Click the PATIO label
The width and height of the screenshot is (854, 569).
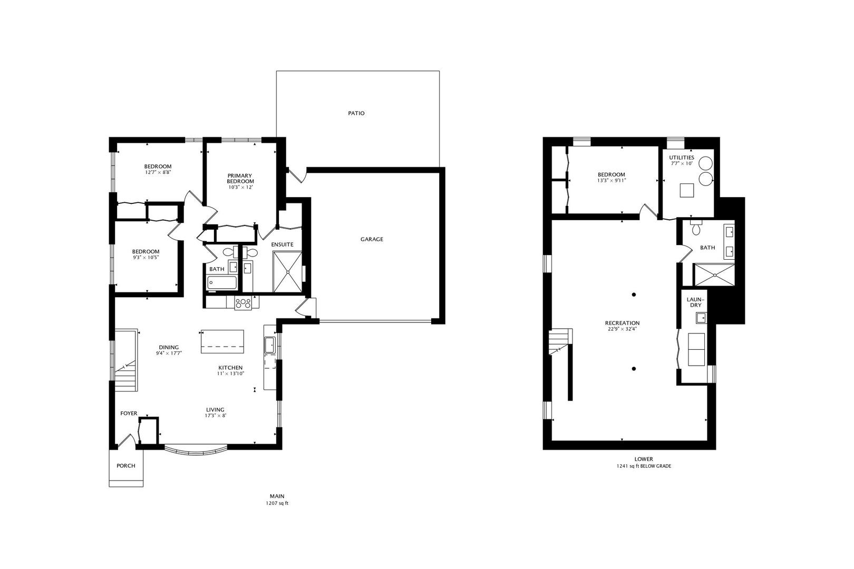point(356,113)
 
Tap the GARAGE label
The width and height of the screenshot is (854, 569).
point(372,239)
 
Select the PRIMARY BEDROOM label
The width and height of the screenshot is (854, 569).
point(240,178)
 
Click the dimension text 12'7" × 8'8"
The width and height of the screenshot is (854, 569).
point(158,172)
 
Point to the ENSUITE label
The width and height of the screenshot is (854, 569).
point(282,244)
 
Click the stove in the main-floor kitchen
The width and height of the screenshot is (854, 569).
point(243,303)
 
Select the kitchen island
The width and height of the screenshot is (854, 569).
point(222,342)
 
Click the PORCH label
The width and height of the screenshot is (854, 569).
point(125,466)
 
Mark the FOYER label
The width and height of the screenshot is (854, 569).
point(129,414)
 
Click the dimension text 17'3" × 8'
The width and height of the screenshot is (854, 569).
point(215,416)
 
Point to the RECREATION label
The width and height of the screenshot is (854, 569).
point(622,323)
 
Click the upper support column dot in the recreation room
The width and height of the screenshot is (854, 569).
point(634,295)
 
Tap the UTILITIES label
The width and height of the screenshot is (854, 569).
point(682,158)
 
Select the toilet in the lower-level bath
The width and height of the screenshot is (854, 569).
point(696,229)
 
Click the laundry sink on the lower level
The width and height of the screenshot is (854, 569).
point(701,317)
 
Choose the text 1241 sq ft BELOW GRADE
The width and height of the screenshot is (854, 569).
point(644,466)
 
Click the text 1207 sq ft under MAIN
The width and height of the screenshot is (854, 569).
point(277,503)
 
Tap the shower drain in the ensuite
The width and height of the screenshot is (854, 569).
point(288,272)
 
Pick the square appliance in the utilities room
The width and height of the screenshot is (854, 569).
point(686,190)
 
